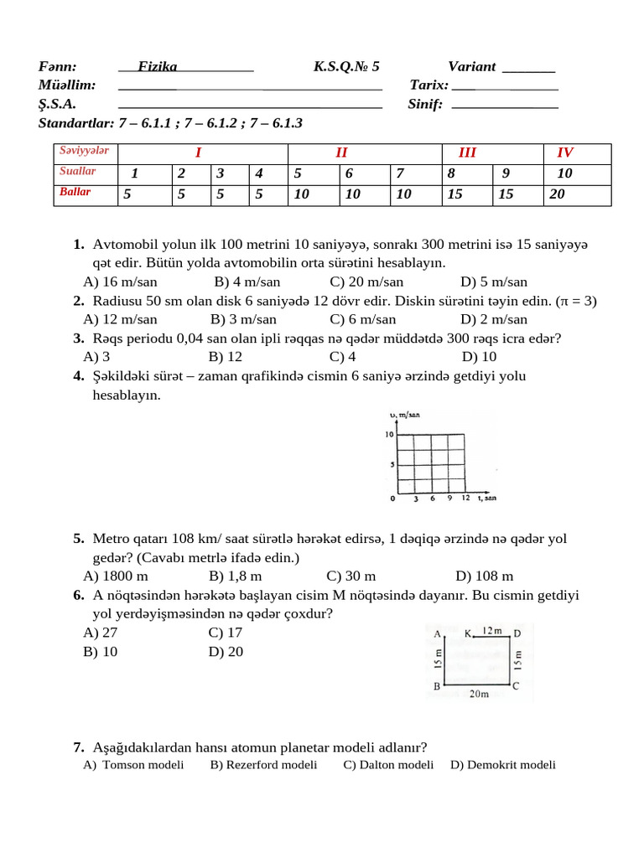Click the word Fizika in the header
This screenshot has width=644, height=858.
pyautogui.click(x=157, y=66)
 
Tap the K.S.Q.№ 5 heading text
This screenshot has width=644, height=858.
pyautogui.click(x=346, y=66)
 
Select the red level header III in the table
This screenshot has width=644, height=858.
pyautogui.click(x=467, y=152)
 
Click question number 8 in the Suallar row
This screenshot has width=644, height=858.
pyautogui.click(x=451, y=173)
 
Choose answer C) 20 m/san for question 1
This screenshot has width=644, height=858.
pyautogui.click(x=366, y=282)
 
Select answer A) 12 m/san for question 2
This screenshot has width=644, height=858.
pyautogui.click(x=120, y=318)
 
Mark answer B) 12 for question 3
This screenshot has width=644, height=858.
pyautogui.click(x=226, y=355)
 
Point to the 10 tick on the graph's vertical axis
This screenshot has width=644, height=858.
pyautogui.click(x=389, y=434)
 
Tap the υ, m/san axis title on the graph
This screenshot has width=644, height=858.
pyautogui.click(x=405, y=416)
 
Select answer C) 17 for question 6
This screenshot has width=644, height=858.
pyautogui.click(x=226, y=633)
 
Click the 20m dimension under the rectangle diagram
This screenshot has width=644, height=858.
pyautogui.click(x=479, y=695)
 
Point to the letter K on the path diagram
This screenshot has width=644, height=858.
pyautogui.click(x=468, y=633)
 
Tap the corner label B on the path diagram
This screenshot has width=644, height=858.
pyautogui.click(x=436, y=686)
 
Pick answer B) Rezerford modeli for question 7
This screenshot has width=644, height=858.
pyautogui.click(x=263, y=764)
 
